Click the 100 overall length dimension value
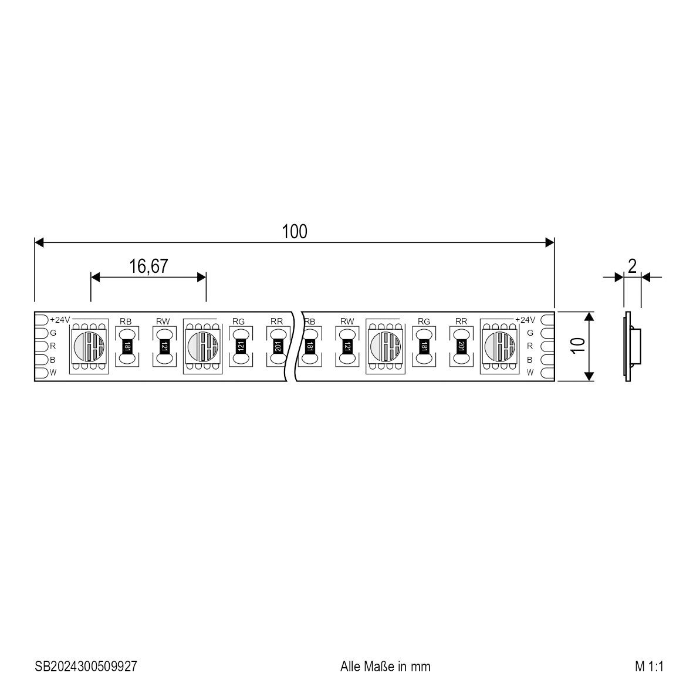[295, 232]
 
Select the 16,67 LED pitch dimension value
[148, 266]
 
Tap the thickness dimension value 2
[632, 266]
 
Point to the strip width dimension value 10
[577, 345]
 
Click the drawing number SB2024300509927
[86, 666]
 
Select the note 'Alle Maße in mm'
[386, 666]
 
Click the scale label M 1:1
[649, 666]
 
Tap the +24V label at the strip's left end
[60, 320]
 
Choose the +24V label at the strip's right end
[525, 320]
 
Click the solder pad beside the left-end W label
[41, 373]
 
